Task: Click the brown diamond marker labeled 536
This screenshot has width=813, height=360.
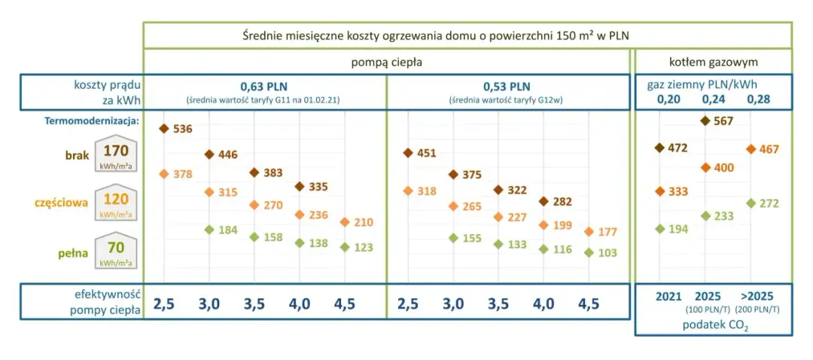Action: (x=163, y=129)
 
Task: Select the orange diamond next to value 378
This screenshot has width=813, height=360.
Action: (x=163, y=174)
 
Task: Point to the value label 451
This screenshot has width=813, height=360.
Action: (x=426, y=154)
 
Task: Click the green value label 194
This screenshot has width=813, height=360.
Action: (x=678, y=229)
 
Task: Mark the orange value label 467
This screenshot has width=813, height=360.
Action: (x=769, y=149)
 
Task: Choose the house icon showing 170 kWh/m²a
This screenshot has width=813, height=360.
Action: (x=115, y=154)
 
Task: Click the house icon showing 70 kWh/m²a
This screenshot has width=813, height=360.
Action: (x=115, y=251)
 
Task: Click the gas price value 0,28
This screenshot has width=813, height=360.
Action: (x=759, y=99)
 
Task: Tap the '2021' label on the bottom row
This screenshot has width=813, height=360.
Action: (x=668, y=297)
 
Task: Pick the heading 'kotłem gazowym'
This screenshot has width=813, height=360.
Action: (x=713, y=62)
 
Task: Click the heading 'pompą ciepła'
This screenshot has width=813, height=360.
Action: (x=386, y=62)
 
